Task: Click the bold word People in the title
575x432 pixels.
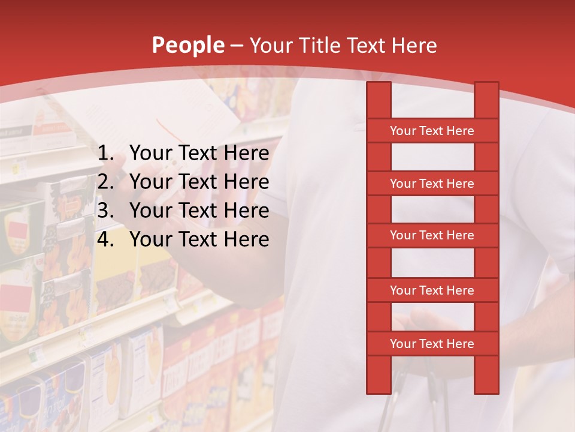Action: click(x=188, y=45)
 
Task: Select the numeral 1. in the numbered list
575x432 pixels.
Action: click(x=105, y=154)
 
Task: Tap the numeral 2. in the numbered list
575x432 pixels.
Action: click(x=105, y=182)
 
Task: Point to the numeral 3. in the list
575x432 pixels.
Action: click(x=105, y=211)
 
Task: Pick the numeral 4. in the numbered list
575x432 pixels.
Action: click(x=105, y=239)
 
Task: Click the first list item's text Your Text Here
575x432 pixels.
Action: click(x=199, y=154)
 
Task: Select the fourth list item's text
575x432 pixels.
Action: click(x=199, y=239)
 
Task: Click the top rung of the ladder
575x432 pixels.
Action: click(x=432, y=131)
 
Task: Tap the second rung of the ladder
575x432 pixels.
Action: click(x=432, y=184)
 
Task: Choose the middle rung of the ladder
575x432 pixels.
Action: click(x=432, y=235)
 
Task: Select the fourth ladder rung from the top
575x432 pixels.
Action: click(x=432, y=290)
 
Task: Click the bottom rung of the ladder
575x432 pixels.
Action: click(x=432, y=344)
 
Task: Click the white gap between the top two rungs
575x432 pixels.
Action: click(x=432, y=157)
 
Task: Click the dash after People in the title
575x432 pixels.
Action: click(x=237, y=46)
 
